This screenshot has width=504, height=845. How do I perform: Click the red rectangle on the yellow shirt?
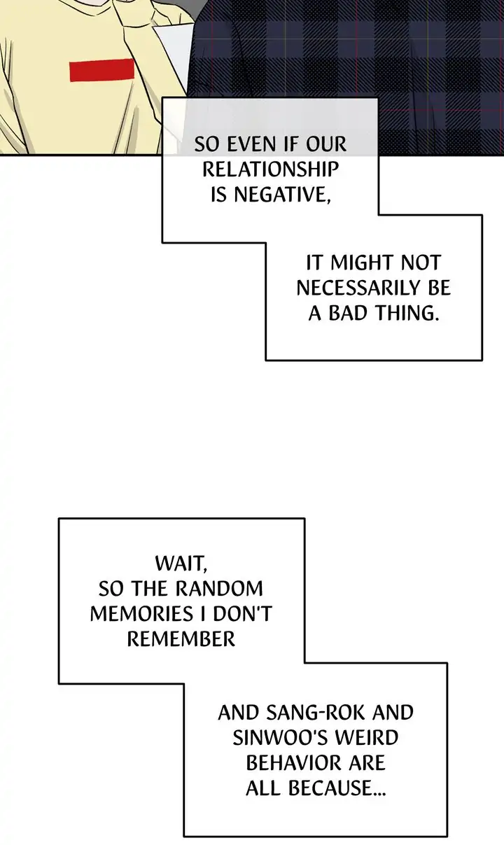[101, 70]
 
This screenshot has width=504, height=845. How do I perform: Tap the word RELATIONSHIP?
[270, 169]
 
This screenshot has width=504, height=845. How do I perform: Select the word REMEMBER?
[181, 638]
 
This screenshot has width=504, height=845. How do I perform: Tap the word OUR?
[325, 144]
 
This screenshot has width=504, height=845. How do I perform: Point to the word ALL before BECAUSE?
[262, 788]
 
